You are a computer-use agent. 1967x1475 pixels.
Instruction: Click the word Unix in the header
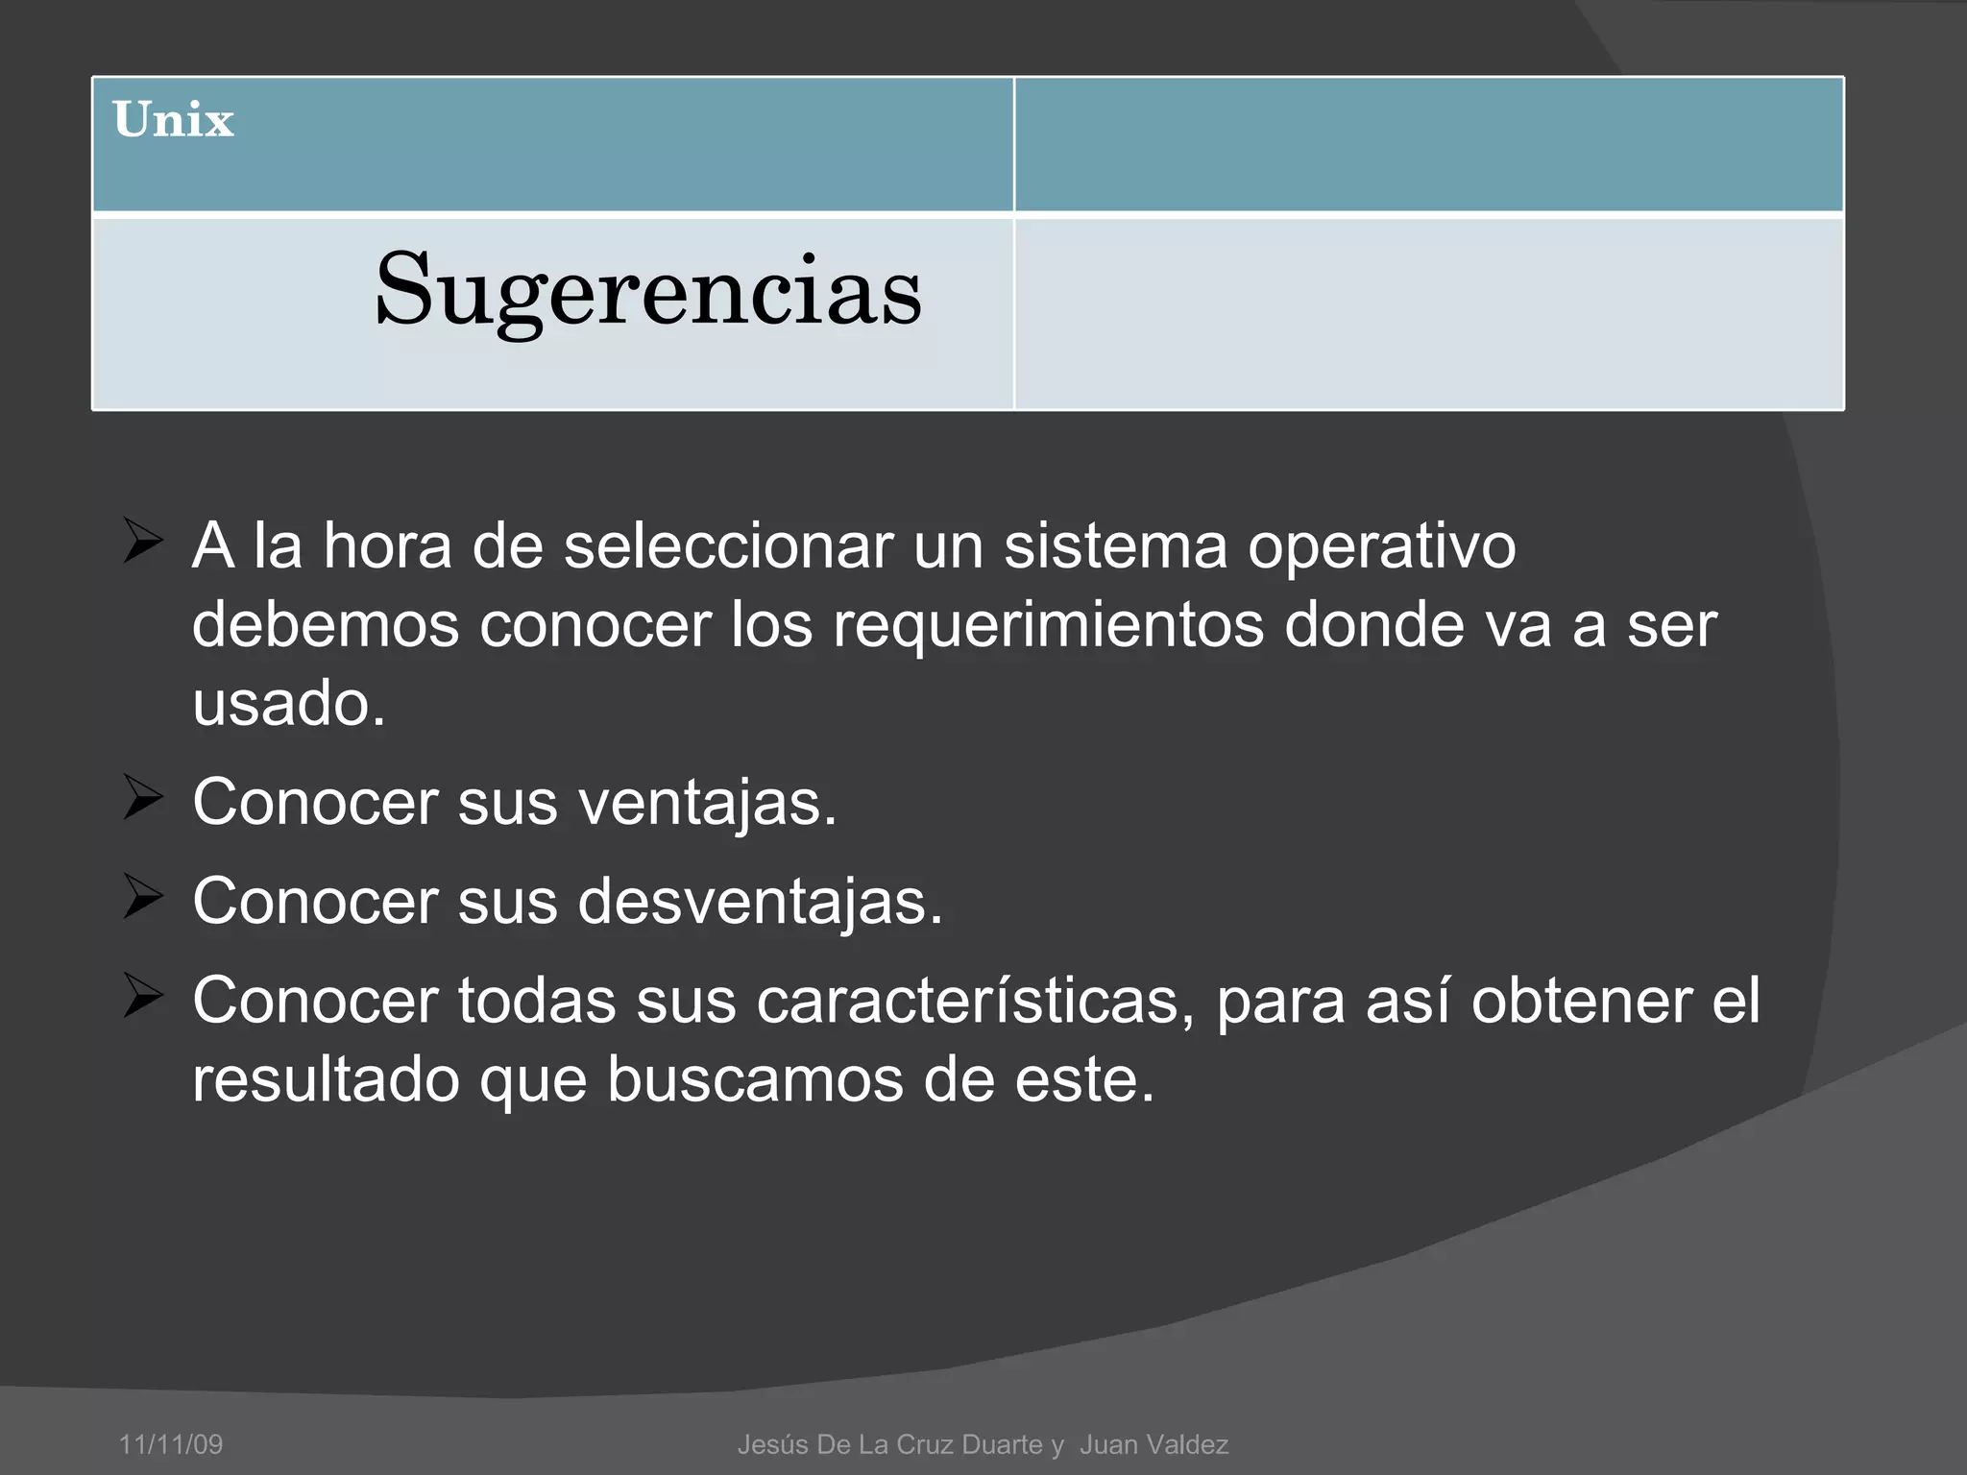[173, 121]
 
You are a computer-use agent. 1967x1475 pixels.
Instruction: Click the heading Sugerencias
[648, 289]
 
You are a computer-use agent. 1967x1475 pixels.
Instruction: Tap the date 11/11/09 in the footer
[171, 1444]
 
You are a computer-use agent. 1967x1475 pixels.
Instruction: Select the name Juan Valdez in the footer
[1153, 1444]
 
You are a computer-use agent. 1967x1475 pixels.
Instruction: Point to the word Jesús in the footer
[772, 1444]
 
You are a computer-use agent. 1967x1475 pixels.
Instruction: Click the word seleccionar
[728, 545]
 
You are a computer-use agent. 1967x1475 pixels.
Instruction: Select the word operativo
[1381, 547]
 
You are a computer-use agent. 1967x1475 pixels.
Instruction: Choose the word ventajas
[707, 803]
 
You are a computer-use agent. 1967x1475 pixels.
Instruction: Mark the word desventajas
[760, 902]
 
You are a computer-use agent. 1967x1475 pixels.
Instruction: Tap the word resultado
[326, 1079]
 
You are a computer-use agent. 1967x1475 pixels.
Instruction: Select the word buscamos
[755, 1079]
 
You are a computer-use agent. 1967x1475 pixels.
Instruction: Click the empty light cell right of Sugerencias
[1428, 314]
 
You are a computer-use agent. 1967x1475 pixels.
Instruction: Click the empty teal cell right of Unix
[1428, 144]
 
